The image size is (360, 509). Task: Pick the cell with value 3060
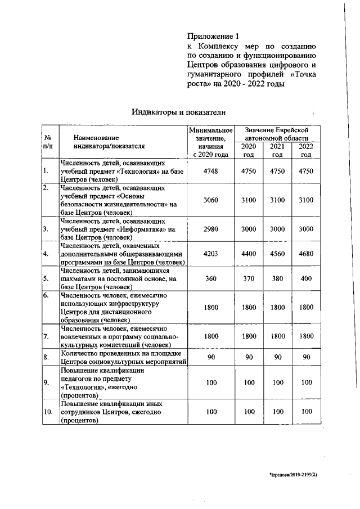coord(210,200)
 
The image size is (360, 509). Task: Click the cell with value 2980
coord(210,229)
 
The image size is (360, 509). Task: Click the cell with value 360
coord(210,278)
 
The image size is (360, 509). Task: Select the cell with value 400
coord(306,278)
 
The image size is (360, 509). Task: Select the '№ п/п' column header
coord(48,141)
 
